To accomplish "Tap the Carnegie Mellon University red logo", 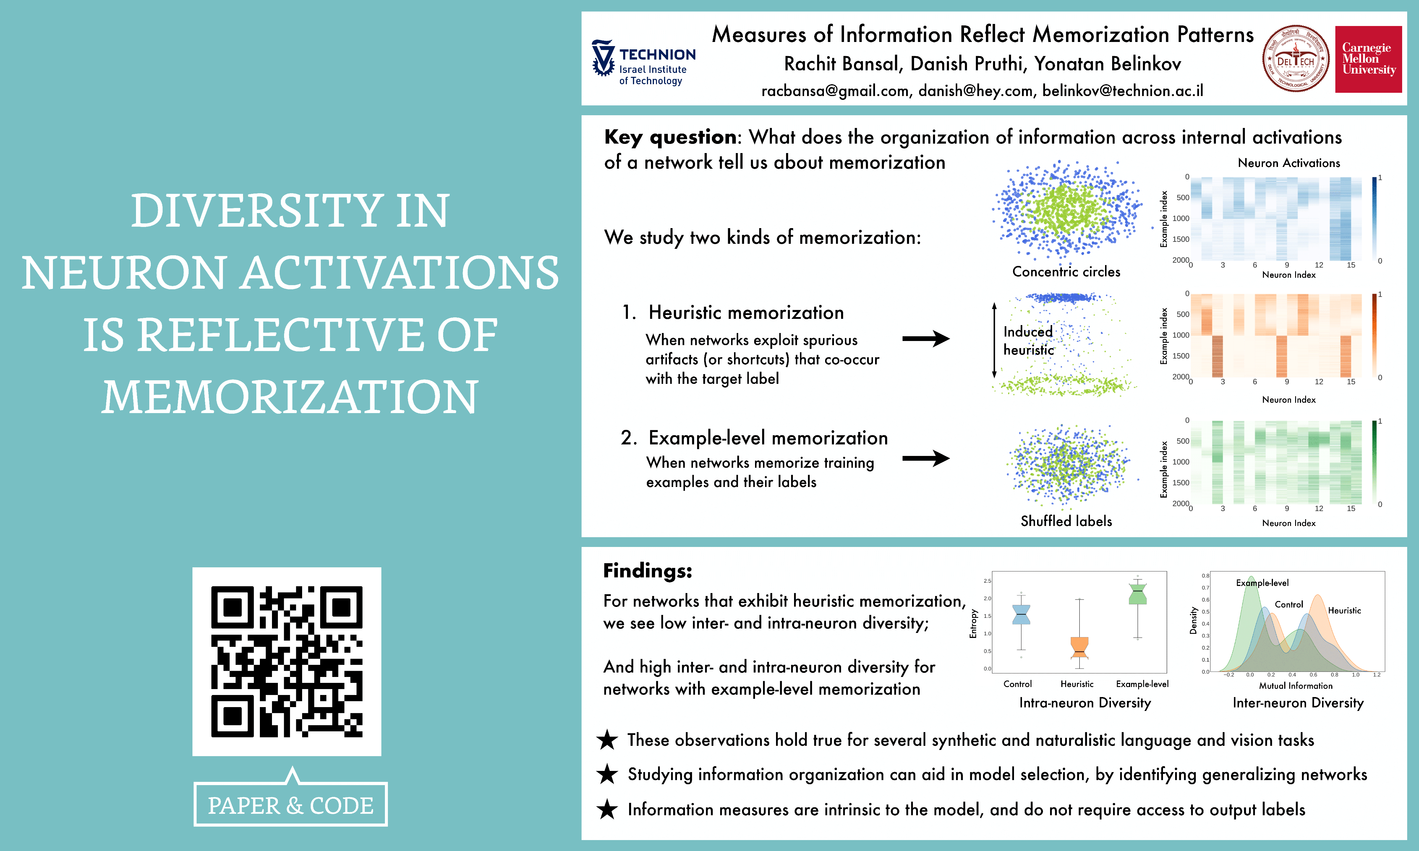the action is coord(1368,59).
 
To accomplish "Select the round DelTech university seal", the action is coord(1296,59).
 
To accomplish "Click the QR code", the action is coord(287,661).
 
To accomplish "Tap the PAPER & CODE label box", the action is coord(291,805).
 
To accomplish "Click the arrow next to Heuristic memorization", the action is coord(926,338).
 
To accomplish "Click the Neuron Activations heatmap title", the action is coord(1289,163).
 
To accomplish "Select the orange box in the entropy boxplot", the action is coord(1079,647).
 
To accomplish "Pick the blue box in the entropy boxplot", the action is coord(1021,614).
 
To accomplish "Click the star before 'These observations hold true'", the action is coord(607,740).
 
